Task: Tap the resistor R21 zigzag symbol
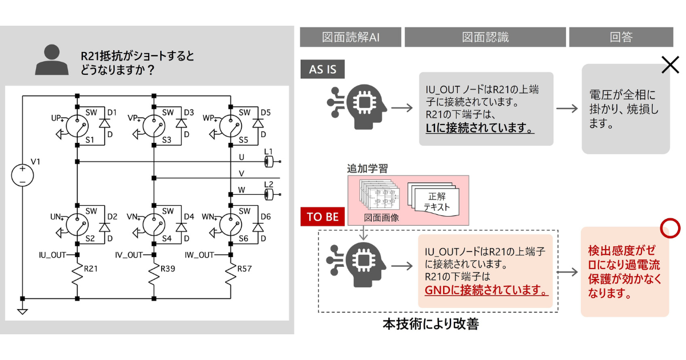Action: click(x=77, y=277)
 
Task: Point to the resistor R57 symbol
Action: click(x=230, y=277)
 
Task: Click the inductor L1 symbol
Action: click(x=269, y=162)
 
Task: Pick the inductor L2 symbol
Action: click(x=269, y=194)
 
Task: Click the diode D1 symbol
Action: click(x=104, y=123)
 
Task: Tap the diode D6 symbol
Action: click(x=258, y=227)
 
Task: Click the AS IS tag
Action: click(x=323, y=69)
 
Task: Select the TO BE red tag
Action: click(x=322, y=217)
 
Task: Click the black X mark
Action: click(x=669, y=65)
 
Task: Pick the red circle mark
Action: click(x=669, y=227)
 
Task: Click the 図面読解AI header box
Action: click(x=350, y=38)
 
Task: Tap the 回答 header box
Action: click(x=621, y=38)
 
